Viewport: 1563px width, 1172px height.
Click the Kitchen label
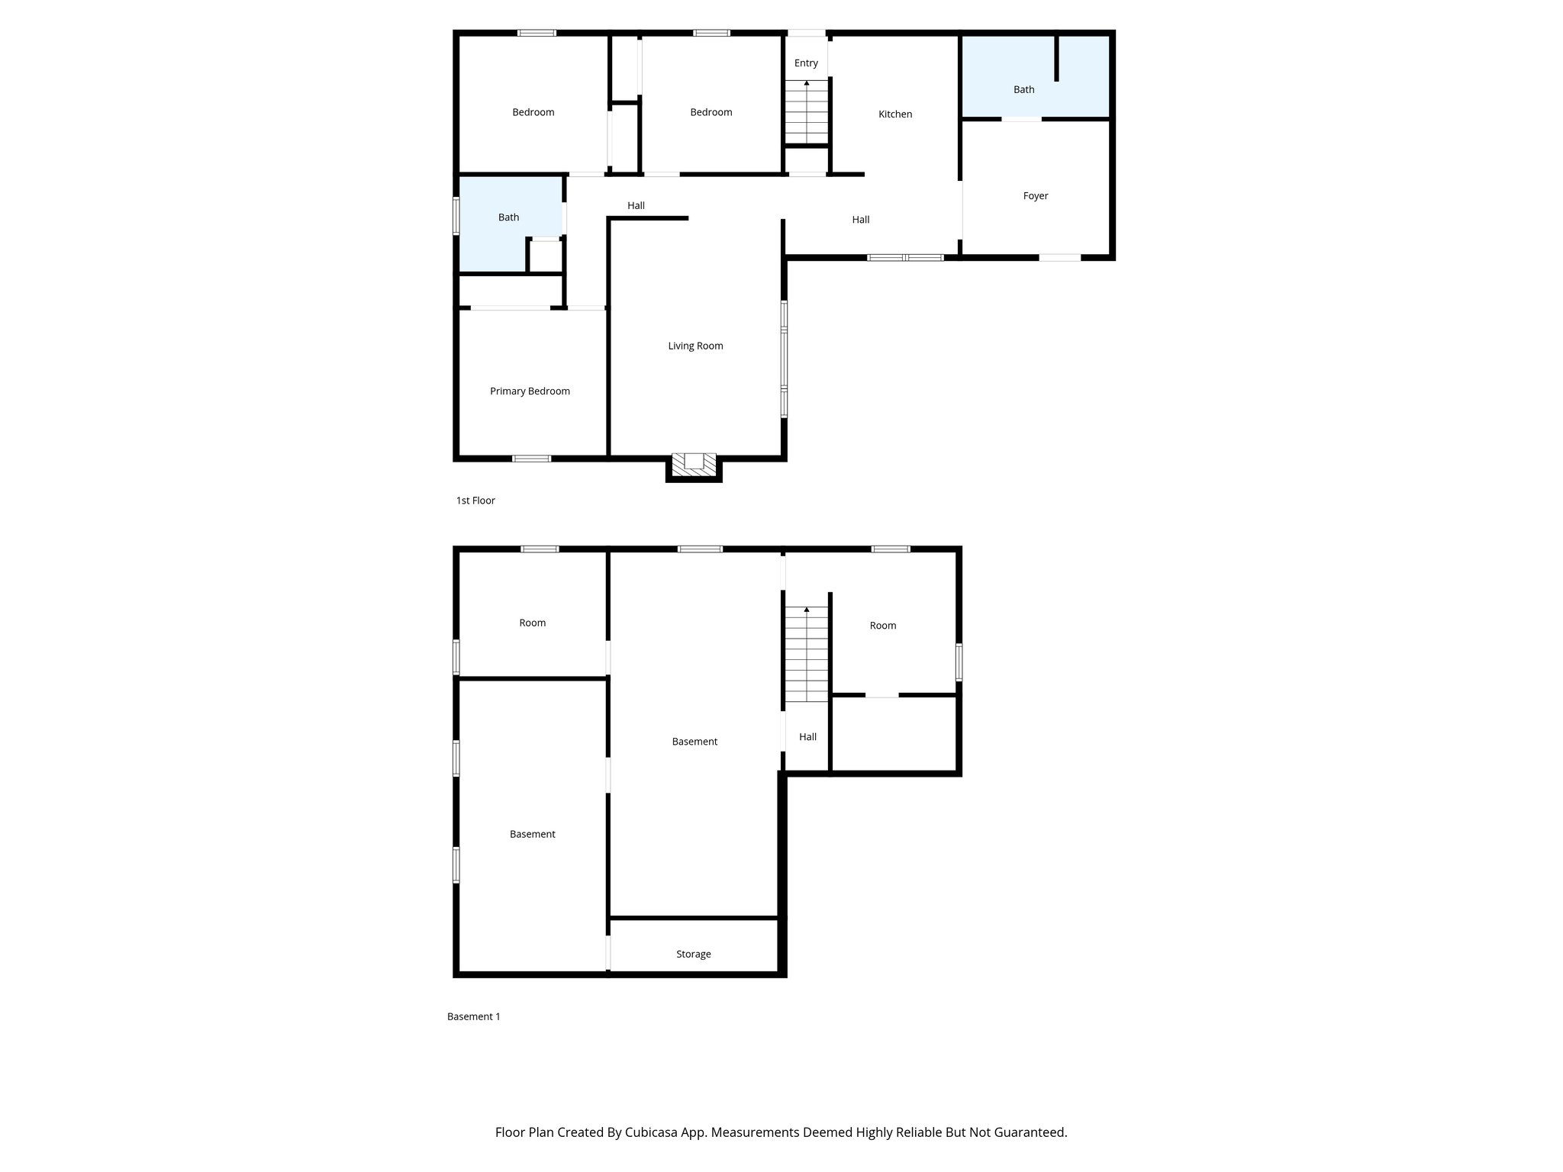pos(895,114)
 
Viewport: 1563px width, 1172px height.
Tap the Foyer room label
pos(1035,196)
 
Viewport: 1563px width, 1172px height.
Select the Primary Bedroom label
pos(530,391)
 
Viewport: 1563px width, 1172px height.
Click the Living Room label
pos(695,346)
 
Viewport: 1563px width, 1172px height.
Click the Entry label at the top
pos(806,63)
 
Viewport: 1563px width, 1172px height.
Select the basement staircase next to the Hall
pos(807,655)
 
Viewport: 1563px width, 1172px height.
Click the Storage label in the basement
pos(693,954)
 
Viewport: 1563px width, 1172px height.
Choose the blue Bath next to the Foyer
pos(1023,90)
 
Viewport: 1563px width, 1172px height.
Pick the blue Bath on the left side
pos(508,217)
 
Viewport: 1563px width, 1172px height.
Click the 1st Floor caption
pos(475,501)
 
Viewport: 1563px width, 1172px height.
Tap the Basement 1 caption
pos(473,1016)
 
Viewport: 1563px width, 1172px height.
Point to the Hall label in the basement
pos(807,737)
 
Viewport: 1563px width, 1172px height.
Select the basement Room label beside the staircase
pos(882,626)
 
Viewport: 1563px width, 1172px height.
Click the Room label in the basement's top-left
pos(532,623)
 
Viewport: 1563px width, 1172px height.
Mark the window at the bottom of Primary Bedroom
pos(531,459)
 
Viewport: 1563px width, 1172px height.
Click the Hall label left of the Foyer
pos(860,220)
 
